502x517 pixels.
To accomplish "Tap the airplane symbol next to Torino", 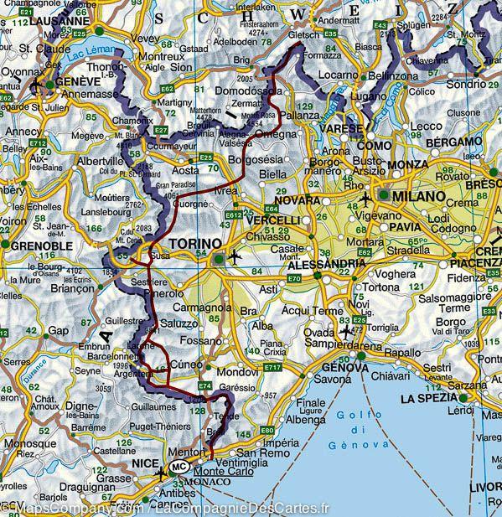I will click(x=234, y=256).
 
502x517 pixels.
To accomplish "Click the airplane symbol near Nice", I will click(x=162, y=473).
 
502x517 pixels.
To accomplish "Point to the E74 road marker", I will click(x=204, y=385).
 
